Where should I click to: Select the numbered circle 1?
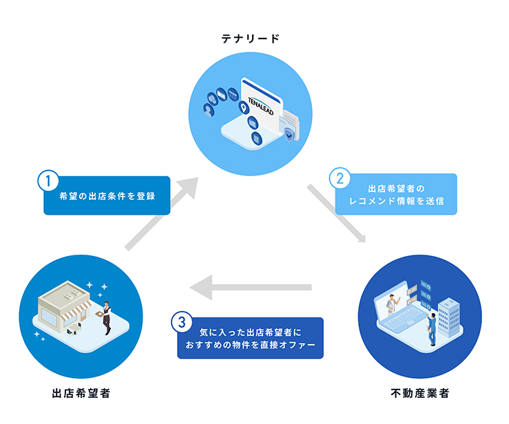(46, 181)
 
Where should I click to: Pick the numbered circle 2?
(338, 178)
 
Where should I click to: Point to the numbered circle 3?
(180, 321)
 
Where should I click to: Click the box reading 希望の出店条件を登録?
(107, 196)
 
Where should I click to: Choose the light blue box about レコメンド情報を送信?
(396, 194)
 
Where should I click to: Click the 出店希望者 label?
(81, 394)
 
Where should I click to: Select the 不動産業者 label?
(419, 394)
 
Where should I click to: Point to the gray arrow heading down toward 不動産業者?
(337, 215)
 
